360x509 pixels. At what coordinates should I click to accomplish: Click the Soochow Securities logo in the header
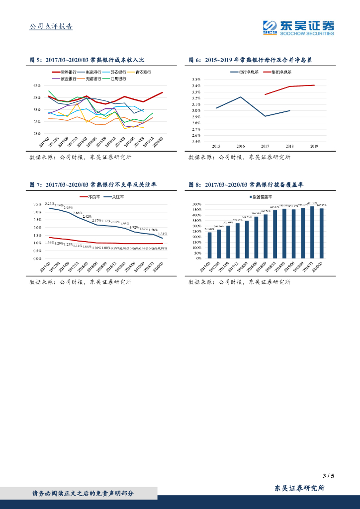pyautogui.click(x=298, y=27)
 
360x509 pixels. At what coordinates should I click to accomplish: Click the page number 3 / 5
pyautogui.click(x=328, y=476)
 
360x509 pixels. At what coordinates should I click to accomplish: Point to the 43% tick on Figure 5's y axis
pyautogui.click(x=37, y=85)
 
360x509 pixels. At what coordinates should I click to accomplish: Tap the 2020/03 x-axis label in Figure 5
pyautogui.click(x=157, y=141)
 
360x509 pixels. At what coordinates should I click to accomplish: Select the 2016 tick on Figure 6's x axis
pyautogui.click(x=241, y=146)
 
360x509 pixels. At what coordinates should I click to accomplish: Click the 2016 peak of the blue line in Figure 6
pyautogui.click(x=241, y=97)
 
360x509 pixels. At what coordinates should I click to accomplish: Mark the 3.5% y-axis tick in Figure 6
pyautogui.click(x=196, y=80)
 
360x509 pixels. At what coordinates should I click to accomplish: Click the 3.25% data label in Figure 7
pyautogui.click(x=49, y=204)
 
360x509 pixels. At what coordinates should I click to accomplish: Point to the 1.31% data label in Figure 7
pyautogui.click(x=162, y=234)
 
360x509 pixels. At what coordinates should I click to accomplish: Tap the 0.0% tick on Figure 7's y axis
pyautogui.click(x=37, y=258)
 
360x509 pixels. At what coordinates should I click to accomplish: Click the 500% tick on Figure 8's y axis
pyautogui.click(x=196, y=204)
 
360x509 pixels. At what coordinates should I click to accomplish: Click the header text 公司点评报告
pyautogui.click(x=51, y=26)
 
